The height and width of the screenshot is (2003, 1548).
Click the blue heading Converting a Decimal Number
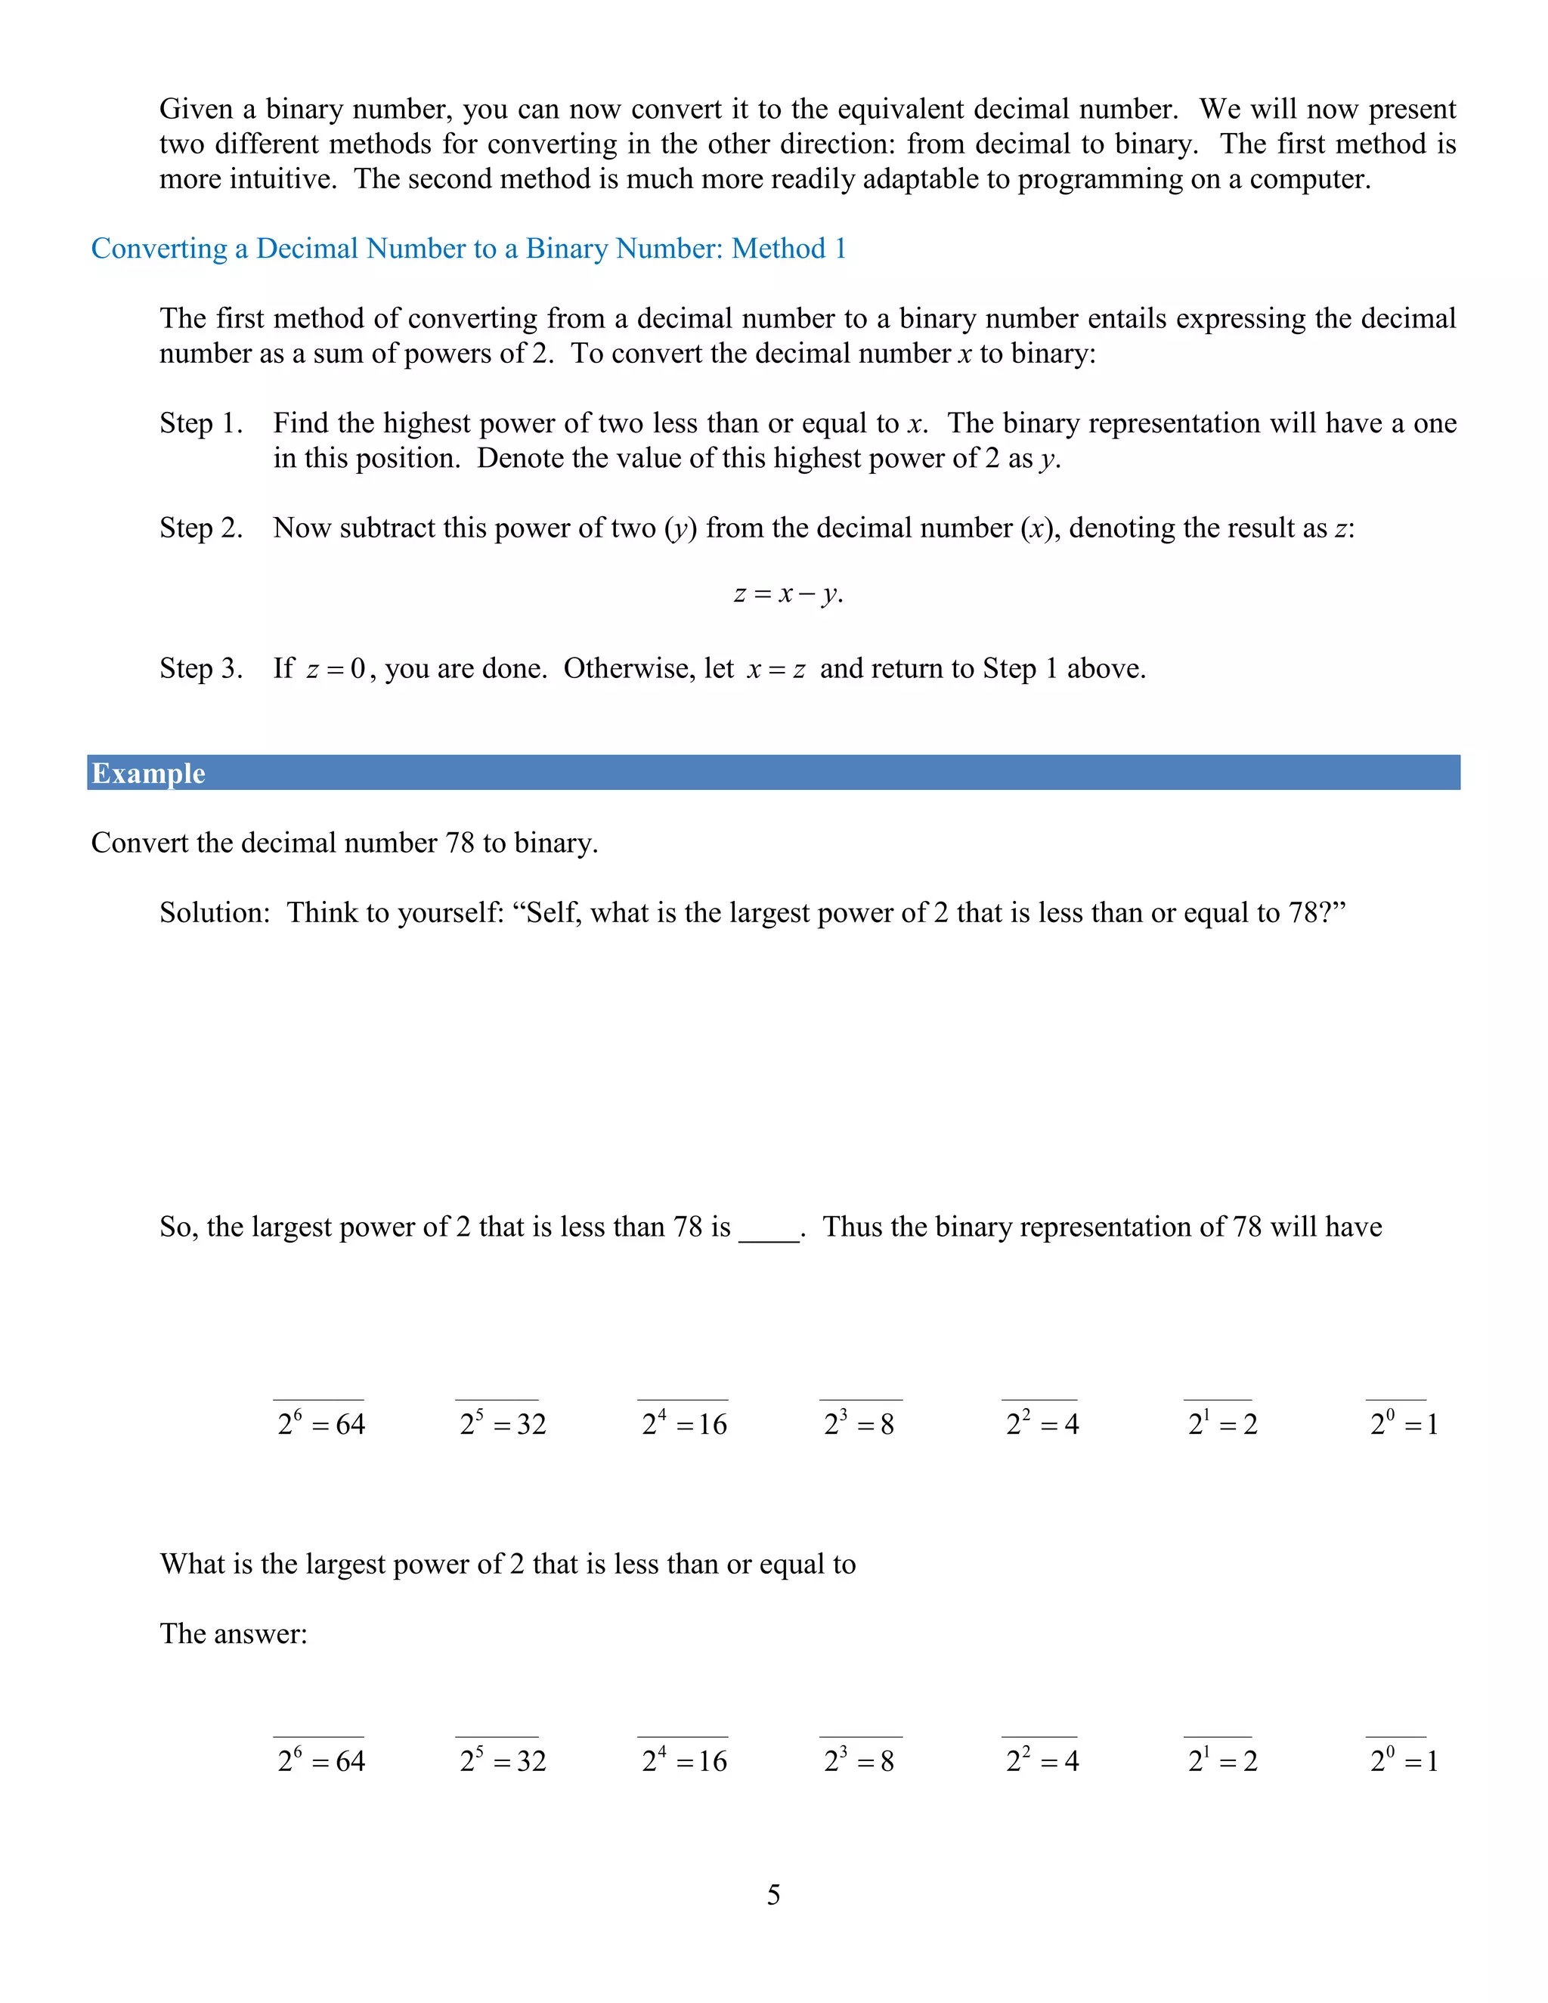pos(468,249)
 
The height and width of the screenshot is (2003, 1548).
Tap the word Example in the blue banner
pos(149,773)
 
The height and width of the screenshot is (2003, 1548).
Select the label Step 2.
pos(201,528)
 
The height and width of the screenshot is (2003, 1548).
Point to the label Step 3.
pos(201,669)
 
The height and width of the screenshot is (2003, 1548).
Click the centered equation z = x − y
pos(788,594)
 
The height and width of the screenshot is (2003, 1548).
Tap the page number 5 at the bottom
pos(773,1895)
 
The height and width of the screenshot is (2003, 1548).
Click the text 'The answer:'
pos(234,1633)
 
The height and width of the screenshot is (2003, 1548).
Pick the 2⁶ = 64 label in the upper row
pos(321,1424)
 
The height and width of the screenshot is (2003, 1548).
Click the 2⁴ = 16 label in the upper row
pos(684,1424)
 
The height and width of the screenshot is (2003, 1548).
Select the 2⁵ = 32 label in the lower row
pos(503,1761)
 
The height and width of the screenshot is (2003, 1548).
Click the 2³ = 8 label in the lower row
pos(859,1761)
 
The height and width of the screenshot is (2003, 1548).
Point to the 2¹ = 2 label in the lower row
pos(1222,1761)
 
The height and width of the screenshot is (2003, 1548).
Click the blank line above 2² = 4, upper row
pos(1039,1400)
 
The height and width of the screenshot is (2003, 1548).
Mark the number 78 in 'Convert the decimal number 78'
pos(460,843)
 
